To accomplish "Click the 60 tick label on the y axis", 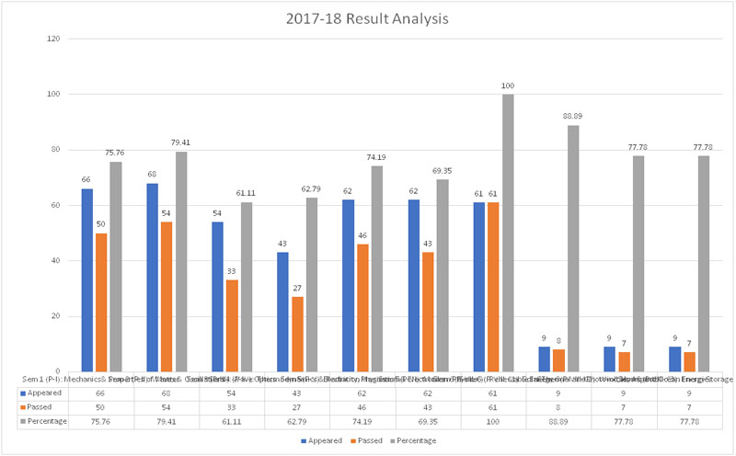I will pyautogui.click(x=56, y=205).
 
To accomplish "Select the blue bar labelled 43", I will pyautogui.click(x=283, y=312).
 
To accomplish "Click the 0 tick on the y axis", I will pyautogui.click(x=59, y=371).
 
